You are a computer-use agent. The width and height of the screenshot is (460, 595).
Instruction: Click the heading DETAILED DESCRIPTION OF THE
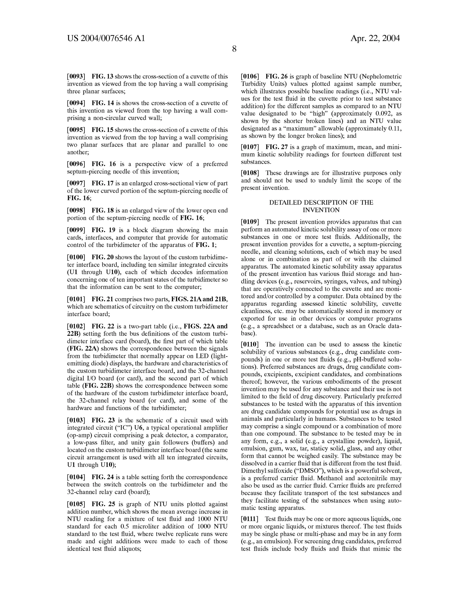[321, 203]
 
